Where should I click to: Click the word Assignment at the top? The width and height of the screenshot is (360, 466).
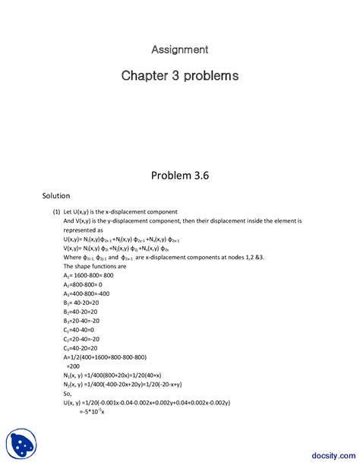pyautogui.click(x=179, y=49)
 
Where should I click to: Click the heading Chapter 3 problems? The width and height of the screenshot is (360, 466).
pyautogui.click(x=180, y=76)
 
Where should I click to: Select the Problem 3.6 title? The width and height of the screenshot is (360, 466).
pyautogui.click(x=179, y=175)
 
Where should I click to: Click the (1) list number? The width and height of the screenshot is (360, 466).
pyautogui.click(x=56, y=211)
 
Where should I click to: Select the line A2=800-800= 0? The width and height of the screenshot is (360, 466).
pyautogui.click(x=83, y=284)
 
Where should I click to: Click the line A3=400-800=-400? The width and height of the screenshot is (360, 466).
pyautogui.click(x=86, y=293)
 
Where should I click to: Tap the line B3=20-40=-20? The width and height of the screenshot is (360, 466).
pyautogui.click(x=83, y=321)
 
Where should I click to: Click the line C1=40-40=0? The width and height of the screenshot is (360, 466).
pyautogui.click(x=80, y=330)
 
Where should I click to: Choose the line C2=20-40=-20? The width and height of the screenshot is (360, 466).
pyautogui.click(x=82, y=339)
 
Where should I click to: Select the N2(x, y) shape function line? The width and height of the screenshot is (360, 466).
pyautogui.click(x=122, y=385)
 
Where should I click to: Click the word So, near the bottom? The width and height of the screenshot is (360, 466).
pyautogui.click(x=68, y=394)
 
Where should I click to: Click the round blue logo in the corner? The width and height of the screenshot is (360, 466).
pyautogui.click(x=21, y=444)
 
